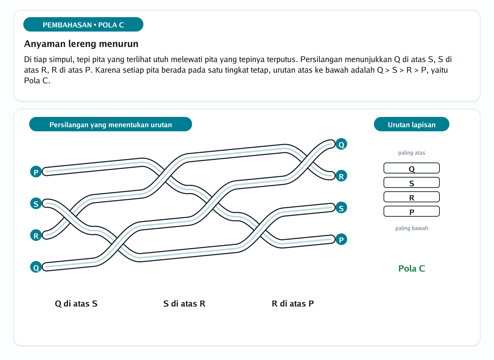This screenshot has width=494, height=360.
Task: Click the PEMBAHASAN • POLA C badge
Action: (x=83, y=24)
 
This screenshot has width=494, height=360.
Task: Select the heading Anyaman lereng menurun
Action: (x=81, y=44)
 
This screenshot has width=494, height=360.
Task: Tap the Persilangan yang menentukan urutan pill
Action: (x=110, y=124)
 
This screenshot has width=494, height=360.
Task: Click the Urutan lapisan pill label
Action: (x=412, y=124)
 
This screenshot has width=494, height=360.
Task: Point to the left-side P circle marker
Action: (x=36, y=172)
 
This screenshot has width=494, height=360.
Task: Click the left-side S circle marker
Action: (x=36, y=203)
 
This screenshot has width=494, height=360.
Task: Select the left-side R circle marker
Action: (x=36, y=235)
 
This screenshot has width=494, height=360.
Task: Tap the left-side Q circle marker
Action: (x=36, y=267)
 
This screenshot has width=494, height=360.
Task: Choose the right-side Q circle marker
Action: (x=341, y=144)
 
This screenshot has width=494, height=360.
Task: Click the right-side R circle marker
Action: (x=341, y=176)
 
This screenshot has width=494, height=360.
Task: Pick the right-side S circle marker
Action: (x=341, y=208)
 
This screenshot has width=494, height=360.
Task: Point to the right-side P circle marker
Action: (x=341, y=239)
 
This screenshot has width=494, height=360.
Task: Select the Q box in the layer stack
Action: (x=412, y=168)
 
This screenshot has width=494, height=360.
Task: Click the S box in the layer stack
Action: (x=412, y=182)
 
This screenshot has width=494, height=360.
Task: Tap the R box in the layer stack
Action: (x=412, y=197)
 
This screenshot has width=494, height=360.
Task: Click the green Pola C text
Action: (x=412, y=268)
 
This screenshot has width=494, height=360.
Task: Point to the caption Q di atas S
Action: (x=76, y=303)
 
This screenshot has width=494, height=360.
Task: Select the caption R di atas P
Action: (x=293, y=303)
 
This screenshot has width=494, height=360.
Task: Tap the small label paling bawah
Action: (x=412, y=228)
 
